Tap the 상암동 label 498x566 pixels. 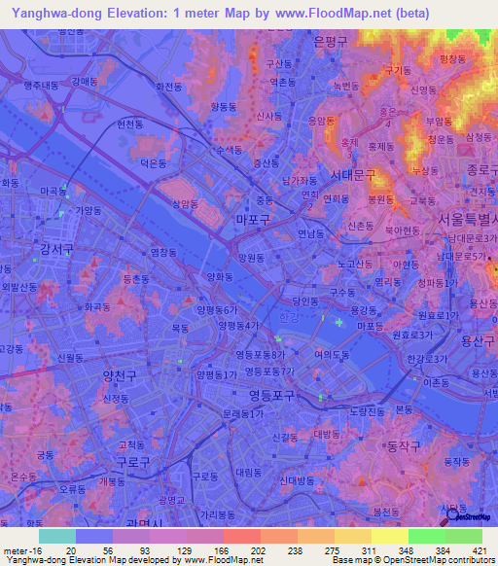coord(184,204)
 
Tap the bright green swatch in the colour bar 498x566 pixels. coord(427,536)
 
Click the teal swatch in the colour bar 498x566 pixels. coord(57,536)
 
